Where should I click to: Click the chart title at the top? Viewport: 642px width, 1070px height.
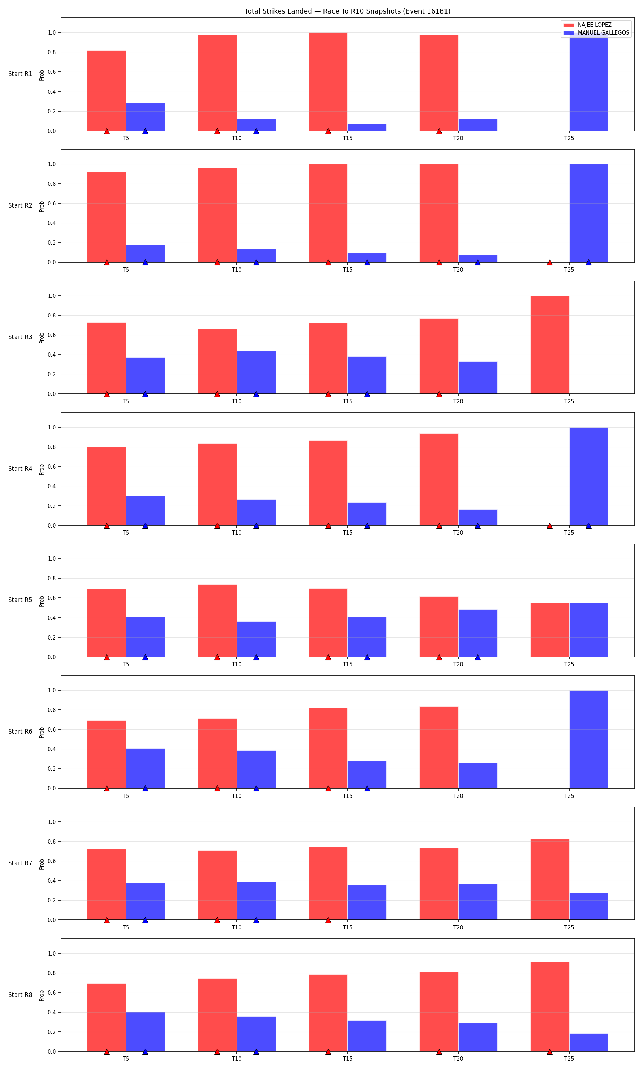347,11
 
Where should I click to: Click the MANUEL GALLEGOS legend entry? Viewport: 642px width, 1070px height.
596,33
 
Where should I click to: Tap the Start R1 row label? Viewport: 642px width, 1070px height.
20,74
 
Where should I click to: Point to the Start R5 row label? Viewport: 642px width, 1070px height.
20,600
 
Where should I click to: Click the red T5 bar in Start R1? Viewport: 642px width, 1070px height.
106,91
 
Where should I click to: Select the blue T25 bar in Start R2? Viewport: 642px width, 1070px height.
588,213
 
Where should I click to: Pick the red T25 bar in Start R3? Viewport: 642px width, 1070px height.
550,345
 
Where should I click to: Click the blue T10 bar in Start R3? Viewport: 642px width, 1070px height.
256,372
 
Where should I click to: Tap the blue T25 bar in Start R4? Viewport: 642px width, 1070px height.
588,476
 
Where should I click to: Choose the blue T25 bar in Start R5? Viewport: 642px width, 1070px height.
588,630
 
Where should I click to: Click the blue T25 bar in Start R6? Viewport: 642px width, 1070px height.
588,739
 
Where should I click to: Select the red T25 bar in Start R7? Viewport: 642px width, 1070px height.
550,879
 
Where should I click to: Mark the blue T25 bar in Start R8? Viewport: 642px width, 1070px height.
588,1042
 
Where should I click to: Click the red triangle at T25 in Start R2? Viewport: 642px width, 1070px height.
550,263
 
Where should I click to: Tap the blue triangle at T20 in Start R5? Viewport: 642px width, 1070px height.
478,657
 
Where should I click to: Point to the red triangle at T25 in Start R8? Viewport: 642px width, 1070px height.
550,1051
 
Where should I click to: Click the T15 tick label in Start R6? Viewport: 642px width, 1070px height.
347,796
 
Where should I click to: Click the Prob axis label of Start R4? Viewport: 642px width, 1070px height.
41,469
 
